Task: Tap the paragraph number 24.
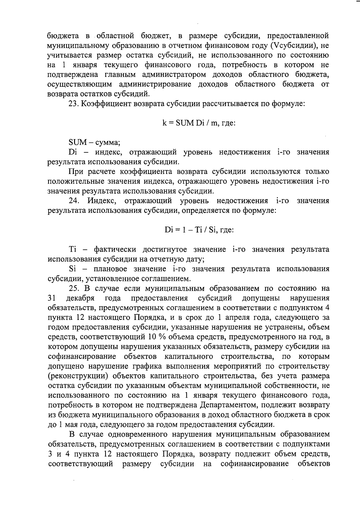pyautogui.click(x=73, y=201)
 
